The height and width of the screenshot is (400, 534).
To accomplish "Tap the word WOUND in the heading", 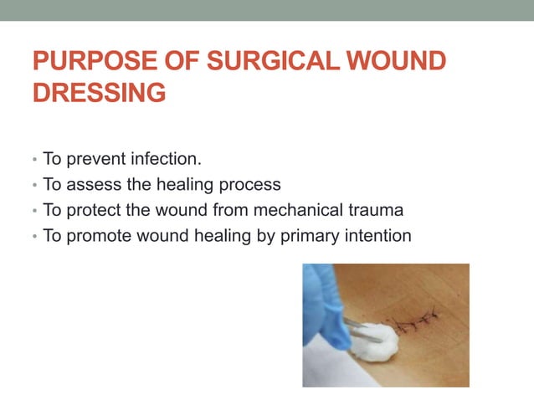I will coord(397,63).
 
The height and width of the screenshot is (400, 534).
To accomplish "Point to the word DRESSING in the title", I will coord(99,93).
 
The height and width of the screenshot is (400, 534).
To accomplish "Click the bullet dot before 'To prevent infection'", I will coord(33,159).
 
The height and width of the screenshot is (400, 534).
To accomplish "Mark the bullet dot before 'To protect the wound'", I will coord(33,211).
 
